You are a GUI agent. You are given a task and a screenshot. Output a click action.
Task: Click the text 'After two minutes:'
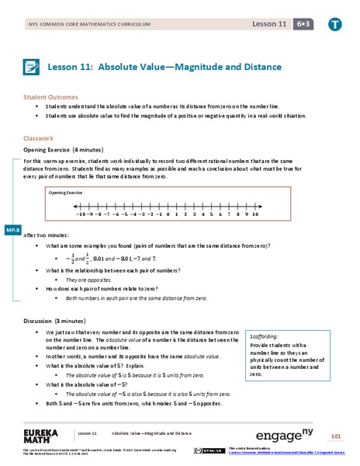[50, 235]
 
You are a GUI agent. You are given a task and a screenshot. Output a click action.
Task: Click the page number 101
[335, 433]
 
